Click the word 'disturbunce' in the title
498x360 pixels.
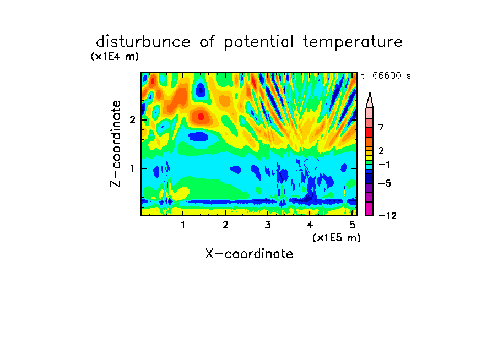tap(143, 42)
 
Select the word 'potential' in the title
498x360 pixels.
tap(259, 42)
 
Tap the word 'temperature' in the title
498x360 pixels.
tap(353, 42)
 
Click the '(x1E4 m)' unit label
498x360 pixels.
tap(115, 57)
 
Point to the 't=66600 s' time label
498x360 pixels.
tap(386, 75)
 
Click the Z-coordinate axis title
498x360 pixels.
tap(116, 144)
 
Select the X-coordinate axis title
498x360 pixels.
tap(249, 254)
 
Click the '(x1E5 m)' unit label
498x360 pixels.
tap(337, 238)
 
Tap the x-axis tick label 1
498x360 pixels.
tap(183, 225)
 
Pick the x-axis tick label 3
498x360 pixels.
tap(268, 225)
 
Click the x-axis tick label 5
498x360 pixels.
tap(352, 225)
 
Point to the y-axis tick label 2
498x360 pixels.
tap(132, 120)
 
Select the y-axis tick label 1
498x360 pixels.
tap(132, 168)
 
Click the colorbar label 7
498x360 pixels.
tap(381, 128)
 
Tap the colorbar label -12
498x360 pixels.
tap(387, 216)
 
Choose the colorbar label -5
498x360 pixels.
tap(385, 183)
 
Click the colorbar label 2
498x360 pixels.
tap(381, 151)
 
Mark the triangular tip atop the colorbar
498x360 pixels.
tap(370, 92)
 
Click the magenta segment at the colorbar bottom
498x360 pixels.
tap(370, 209)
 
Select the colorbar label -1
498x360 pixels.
tap(384, 165)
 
